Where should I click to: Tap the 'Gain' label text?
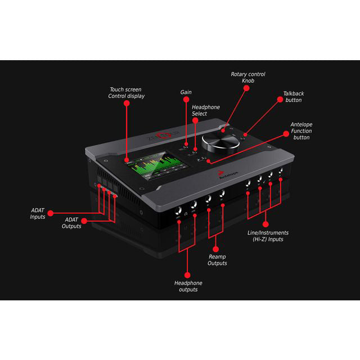coord(186,92)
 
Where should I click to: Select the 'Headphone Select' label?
coord(206,110)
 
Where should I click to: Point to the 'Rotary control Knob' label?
coord(248,78)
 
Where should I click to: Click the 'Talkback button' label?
coord(293,96)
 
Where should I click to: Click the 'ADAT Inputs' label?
coord(38,213)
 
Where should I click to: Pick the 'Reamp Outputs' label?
coord(217,260)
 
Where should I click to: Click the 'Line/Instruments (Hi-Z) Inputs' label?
coord(268,236)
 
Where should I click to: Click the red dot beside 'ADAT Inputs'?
coord(51,213)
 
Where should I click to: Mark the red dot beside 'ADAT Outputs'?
coord(85,220)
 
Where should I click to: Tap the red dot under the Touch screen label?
coord(127,105)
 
